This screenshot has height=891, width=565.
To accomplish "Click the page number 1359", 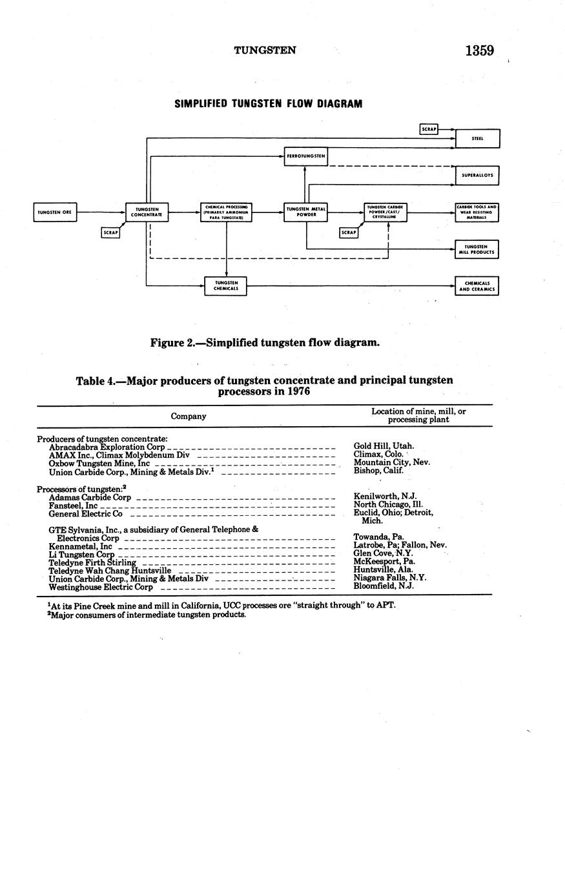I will [x=479, y=50].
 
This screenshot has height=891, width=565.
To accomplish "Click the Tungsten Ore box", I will [x=55, y=212].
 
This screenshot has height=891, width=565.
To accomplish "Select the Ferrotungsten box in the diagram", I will [x=305, y=156].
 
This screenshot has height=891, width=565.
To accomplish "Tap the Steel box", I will [x=477, y=139].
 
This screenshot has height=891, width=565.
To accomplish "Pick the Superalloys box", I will [x=477, y=176].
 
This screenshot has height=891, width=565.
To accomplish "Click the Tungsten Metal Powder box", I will [x=305, y=212].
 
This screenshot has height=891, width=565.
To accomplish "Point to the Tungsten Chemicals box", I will [x=226, y=286].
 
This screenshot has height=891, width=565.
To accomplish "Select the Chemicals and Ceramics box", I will [x=477, y=286].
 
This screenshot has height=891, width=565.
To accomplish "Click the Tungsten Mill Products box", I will [x=477, y=249].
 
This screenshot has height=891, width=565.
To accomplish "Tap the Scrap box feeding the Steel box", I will [x=429, y=129].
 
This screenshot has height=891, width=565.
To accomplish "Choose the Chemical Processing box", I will [x=226, y=212].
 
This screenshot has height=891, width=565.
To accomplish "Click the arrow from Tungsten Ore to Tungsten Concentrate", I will [x=101, y=212].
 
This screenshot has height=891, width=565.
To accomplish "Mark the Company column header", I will [x=189, y=416].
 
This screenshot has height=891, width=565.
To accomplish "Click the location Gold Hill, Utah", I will [x=384, y=446].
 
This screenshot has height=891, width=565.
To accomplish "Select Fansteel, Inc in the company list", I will [x=73, y=506].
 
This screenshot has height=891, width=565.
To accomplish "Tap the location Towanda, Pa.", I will [x=378, y=537].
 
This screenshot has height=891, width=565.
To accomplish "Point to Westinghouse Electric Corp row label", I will [x=101, y=588].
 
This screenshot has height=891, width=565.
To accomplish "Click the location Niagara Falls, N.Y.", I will [x=390, y=579].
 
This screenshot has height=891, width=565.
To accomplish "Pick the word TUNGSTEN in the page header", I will [x=265, y=50].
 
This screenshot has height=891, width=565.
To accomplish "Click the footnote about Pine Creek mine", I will [x=222, y=606].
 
